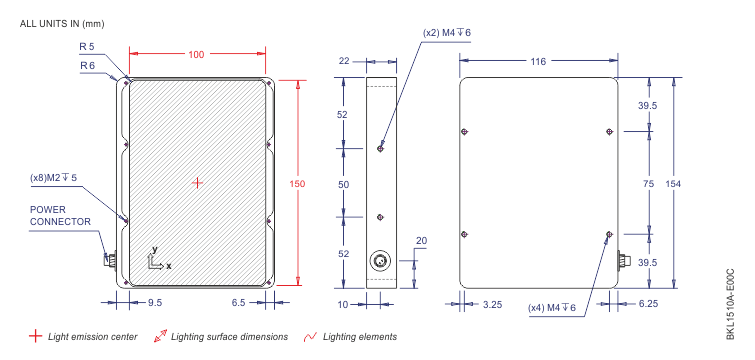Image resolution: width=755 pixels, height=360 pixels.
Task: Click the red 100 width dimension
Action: click(x=196, y=55)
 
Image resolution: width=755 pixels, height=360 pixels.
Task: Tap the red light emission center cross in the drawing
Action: click(x=197, y=183)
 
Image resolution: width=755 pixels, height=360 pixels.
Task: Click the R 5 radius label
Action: click(x=87, y=47)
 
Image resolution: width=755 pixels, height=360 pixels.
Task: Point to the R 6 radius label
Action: click(x=88, y=66)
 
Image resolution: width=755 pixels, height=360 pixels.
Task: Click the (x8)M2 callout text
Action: click(x=53, y=178)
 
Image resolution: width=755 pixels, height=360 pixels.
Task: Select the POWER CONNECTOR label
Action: click(x=60, y=216)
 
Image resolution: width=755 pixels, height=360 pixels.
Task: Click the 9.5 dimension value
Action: click(x=155, y=303)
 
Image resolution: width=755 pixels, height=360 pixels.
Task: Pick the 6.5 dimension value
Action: click(x=238, y=303)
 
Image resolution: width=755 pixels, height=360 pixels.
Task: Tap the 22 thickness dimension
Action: click(x=344, y=61)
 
